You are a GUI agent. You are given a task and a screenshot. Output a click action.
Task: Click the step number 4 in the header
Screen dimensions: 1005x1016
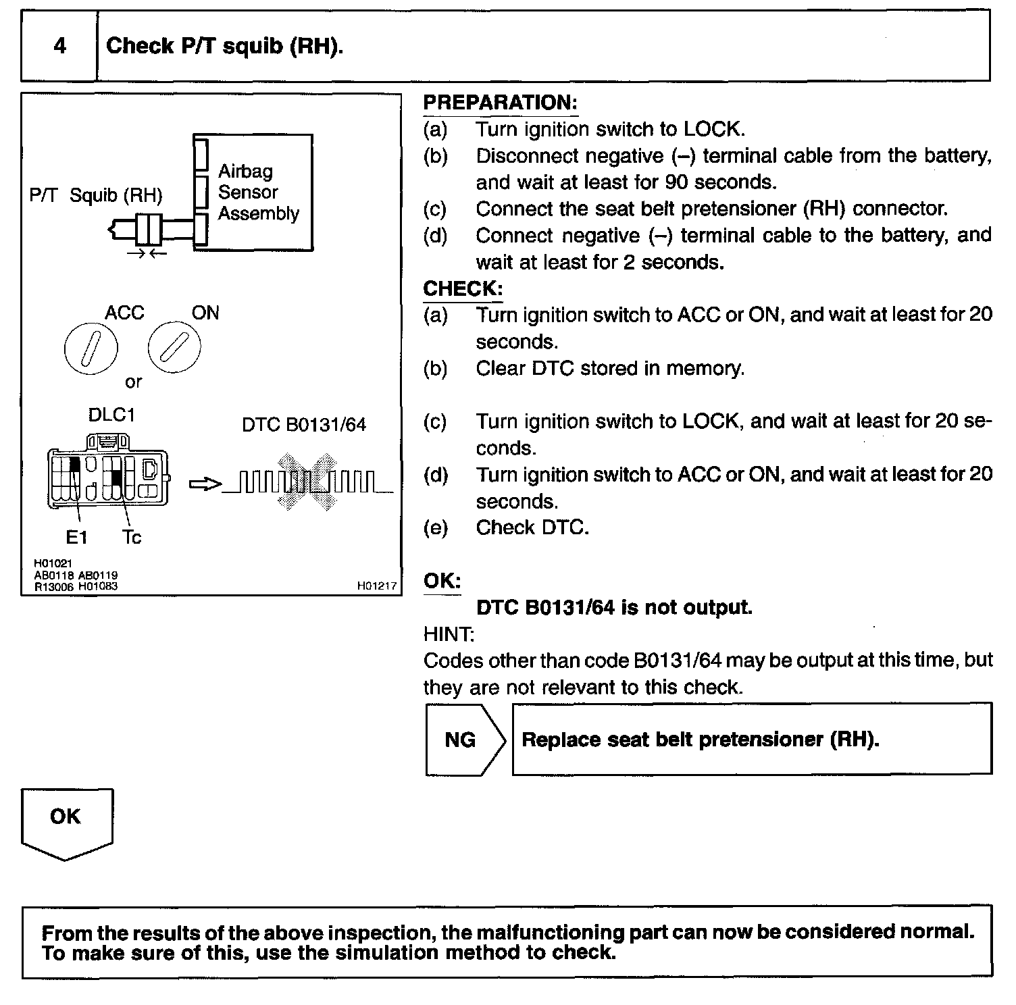pyautogui.click(x=59, y=46)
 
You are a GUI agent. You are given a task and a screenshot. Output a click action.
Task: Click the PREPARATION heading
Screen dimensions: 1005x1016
pyautogui.click(x=500, y=103)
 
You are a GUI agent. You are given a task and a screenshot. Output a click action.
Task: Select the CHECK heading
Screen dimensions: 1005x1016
pyautogui.click(x=463, y=289)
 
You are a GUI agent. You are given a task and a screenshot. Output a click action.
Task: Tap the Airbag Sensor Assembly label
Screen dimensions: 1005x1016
pyautogui.click(x=258, y=192)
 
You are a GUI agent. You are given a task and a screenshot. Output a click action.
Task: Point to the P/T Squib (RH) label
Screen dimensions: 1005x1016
pyautogui.click(x=96, y=195)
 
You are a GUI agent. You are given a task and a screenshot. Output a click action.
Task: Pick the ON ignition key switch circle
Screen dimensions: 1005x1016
pyautogui.click(x=175, y=346)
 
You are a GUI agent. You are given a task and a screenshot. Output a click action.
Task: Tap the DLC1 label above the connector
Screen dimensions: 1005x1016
pyautogui.click(x=111, y=415)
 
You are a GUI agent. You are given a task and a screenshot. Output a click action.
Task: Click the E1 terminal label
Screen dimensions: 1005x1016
pyautogui.click(x=76, y=537)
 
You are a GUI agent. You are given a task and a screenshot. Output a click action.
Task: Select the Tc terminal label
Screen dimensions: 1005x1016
pyautogui.click(x=132, y=537)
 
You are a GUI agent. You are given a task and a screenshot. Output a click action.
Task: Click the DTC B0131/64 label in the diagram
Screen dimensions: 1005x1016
pyautogui.click(x=304, y=425)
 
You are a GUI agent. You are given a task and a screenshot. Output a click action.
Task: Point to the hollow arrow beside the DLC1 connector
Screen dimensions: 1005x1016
pyautogui.click(x=205, y=484)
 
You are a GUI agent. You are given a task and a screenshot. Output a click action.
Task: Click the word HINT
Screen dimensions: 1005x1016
pyautogui.click(x=449, y=634)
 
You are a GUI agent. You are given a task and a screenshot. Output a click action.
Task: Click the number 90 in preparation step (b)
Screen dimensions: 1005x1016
pyautogui.click(x=676, y=182)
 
